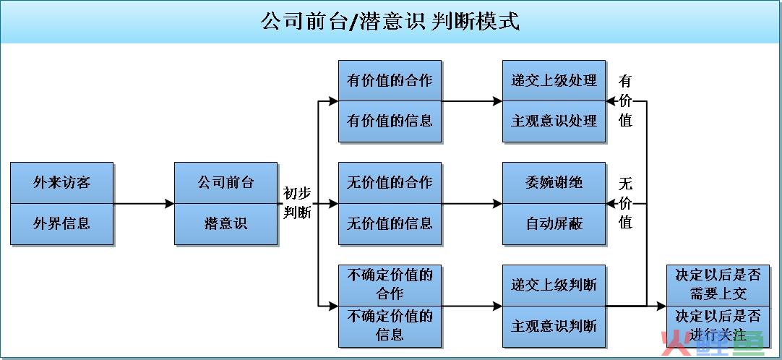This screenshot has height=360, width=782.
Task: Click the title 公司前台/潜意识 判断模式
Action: point(390,22)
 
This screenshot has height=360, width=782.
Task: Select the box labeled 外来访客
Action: point(62,183)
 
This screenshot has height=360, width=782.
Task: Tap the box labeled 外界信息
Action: point(62,224)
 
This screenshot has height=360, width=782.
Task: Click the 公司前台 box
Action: point(226,183)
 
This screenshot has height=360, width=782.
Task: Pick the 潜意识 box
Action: point(226,224)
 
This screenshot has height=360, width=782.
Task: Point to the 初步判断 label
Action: point(298,203)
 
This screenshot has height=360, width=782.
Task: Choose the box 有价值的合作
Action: point(390,81)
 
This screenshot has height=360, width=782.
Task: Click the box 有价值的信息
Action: point(390,121)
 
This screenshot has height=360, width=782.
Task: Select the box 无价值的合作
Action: point(390,183)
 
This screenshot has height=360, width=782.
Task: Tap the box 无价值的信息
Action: point(390,224)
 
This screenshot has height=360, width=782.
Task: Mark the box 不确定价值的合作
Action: point(390,286)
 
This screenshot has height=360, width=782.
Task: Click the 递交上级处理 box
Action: point(554,81)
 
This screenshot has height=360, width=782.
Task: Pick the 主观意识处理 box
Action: point(554,121)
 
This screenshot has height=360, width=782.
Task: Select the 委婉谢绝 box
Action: point(554,183)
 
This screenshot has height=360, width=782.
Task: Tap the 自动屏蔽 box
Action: point(554,224)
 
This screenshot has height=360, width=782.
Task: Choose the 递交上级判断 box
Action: point(554,286)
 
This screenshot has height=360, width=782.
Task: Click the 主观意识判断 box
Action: point(554,327)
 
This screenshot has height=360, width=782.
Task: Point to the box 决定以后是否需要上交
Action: point(718,286)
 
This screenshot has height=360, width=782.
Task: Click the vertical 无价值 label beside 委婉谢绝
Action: point(625,203)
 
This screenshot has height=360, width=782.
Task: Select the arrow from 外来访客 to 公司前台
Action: point(144,203)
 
